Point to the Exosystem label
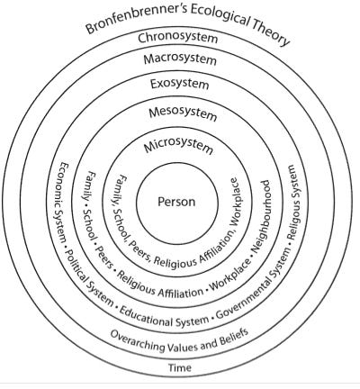[x=180, y=86]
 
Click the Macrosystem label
[x=180, y=59]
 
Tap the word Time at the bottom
[x=181, y=367]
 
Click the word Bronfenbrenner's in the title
[x=127, y=20]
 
